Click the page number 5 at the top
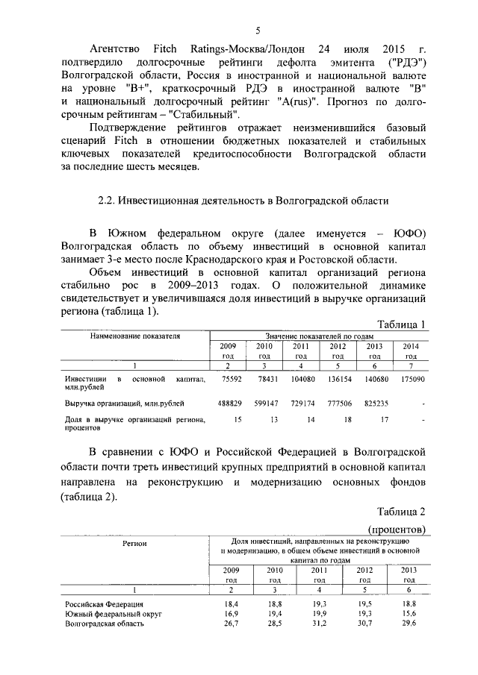(x=258, y=31)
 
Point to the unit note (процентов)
(x=396, y=529)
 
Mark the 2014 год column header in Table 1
(x=411, y=351)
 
